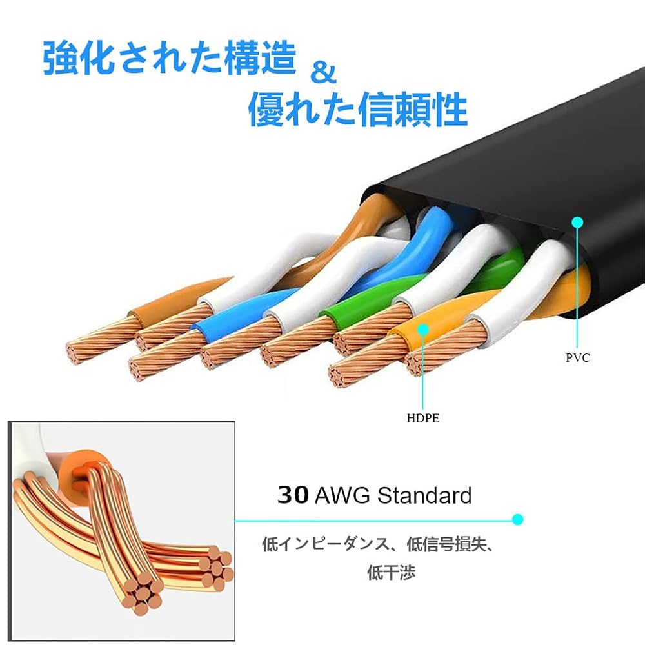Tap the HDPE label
(423, 418)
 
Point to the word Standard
(424, 495)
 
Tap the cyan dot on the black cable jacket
(577, 223)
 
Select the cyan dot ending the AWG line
(517, 519)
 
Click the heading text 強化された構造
(169, 59)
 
